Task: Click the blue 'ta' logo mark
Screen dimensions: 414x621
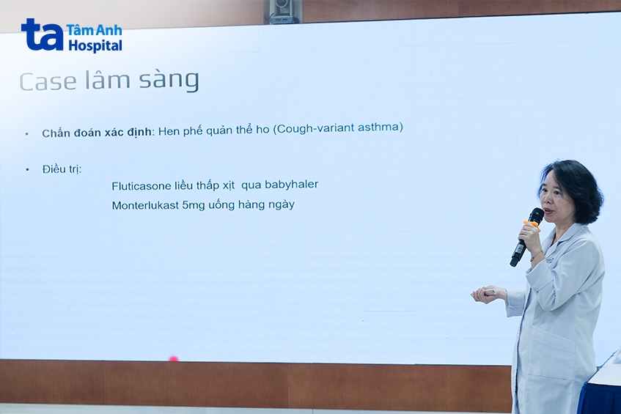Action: pos(42,34)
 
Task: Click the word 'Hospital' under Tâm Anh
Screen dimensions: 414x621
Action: pos(95,45)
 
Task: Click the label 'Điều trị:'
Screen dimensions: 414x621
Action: pos(62,169)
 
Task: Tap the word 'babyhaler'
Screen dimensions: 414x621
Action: pos(292,185)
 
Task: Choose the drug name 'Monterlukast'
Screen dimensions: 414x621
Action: pos(145,205)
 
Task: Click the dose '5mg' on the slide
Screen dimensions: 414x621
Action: pos(196,205)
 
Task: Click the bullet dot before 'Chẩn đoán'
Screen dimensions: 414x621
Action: pos(27,134)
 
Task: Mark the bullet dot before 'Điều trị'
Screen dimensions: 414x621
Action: pos(27,170)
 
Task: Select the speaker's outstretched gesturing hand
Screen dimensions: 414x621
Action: pos(487,294)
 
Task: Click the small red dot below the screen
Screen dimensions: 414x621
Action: pos(174,359)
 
